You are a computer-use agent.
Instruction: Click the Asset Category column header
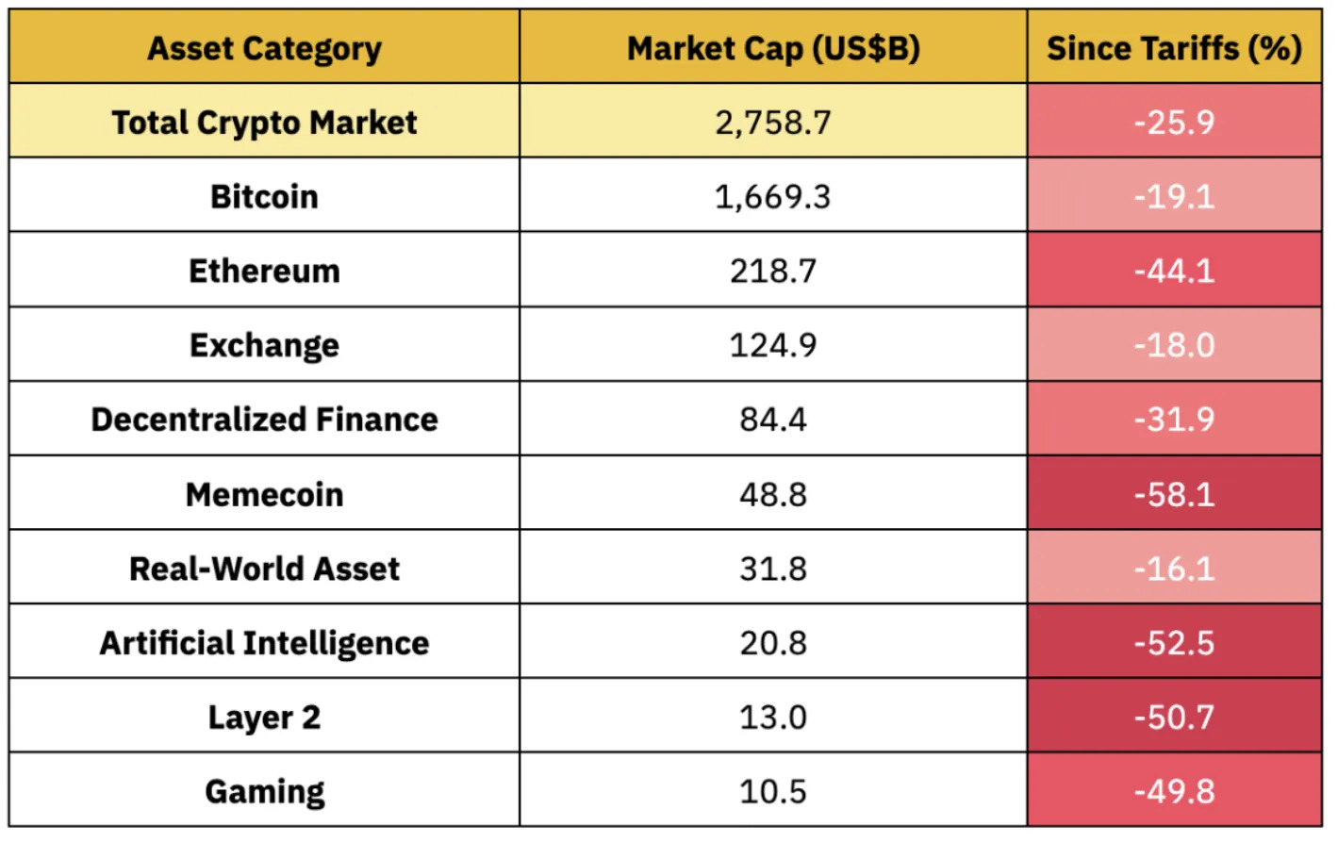click(x=264, y=48)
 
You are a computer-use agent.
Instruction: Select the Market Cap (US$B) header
click(x=773, y=48)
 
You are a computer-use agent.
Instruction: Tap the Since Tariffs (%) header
click(x=1174, y=48)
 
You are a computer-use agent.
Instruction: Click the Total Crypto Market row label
click(x=264, y=123)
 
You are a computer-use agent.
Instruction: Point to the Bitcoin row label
click(x=264, y=197)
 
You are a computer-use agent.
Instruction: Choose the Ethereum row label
click(x=264, y=272)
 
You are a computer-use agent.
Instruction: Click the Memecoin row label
click(x=264, y=495)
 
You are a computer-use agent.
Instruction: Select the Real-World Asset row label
click(x=264, y=570)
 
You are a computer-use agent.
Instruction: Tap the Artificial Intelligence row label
click(x=264, y=644)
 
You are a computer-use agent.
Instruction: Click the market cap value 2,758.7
click(x=773, y=123)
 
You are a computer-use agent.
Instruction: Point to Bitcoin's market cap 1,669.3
click(x=773, y=197)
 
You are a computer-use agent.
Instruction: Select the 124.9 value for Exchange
click(x=773, y=346)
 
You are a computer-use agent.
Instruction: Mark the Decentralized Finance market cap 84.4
click(x=773, y=421)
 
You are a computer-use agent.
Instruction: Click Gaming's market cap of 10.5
click(x=773, y=792)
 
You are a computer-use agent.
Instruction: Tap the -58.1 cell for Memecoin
click(x=1174, y=495)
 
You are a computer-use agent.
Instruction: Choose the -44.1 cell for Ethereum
click(x=1174, y=272)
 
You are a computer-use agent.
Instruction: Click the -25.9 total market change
click(x=1174, y=123)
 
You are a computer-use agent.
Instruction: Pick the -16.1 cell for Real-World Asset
click(x=1174, y=570)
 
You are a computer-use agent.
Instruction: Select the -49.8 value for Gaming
click(x=1174, y=792)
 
